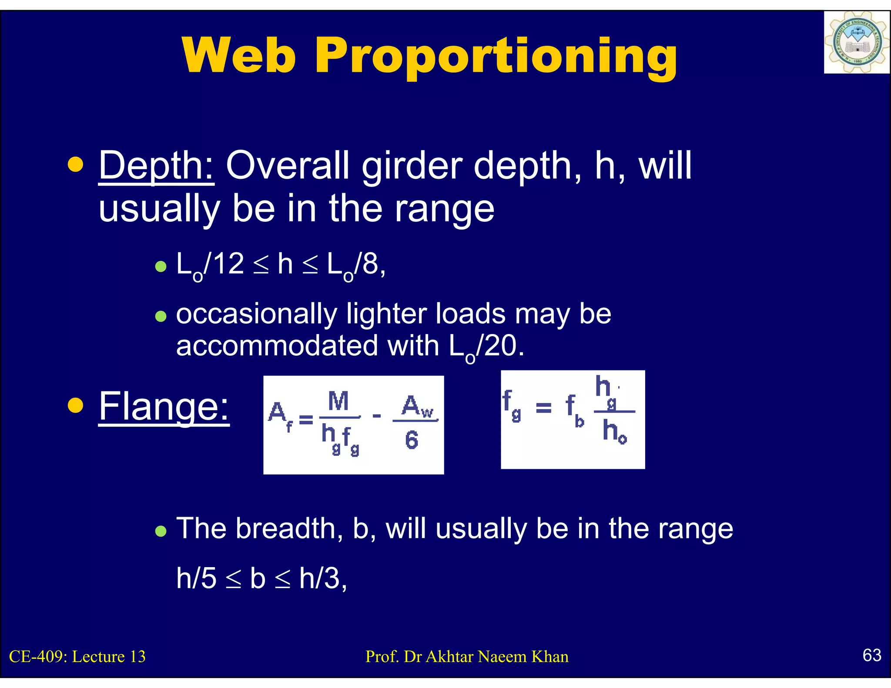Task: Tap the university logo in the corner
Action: click(x=856, y=42)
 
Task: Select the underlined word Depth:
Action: click(x=156, y=167)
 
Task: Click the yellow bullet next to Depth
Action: click(x=76, y=165)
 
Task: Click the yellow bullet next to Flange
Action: click(x=76, y=405)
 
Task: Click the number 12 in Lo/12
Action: click(x=229, y=264)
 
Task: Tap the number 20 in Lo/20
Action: click(x=500, y=346)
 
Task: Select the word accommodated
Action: click(x=277, y=346)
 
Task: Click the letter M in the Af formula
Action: click(x=338, y=401)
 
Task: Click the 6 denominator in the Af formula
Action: click(x=412, y=440)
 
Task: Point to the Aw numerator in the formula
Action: click(x=417, y=406)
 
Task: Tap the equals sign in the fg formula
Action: click(x=543, y=407)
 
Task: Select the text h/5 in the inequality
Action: click(x=196, y=578)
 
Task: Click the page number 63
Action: click(x=872, y=655)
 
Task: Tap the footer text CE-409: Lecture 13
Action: click(x=77, y=657)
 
